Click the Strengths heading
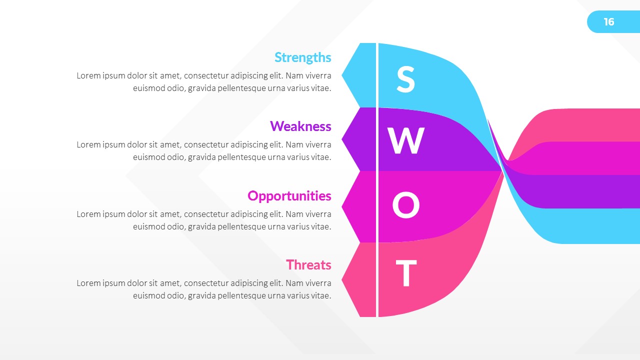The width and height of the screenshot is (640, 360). click(302, 57)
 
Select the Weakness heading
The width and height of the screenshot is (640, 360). click(300, 126)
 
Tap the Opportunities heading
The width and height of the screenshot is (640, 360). click(289, 195)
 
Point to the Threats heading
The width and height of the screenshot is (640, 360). click(308, 264)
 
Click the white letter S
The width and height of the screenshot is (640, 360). click(405, 80)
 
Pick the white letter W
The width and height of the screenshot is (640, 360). click(406, 141)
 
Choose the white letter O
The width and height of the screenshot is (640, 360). click(405, 206)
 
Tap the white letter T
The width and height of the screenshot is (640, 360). click(406, 273)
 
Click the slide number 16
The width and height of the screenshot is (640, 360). click(608, 22)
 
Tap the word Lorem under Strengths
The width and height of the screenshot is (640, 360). click(87, 76)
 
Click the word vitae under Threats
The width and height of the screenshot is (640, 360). click(319, 295)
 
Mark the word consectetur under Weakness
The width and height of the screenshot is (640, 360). click(206, 145)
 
